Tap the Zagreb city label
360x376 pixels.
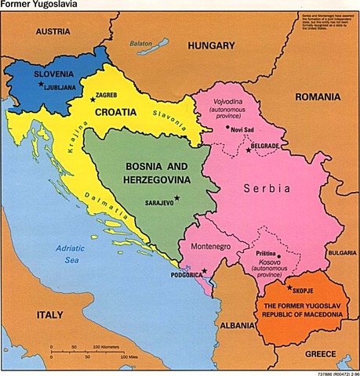click(108, 96)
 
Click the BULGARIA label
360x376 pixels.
click(342, 253)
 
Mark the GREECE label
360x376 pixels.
click(319, 353)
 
